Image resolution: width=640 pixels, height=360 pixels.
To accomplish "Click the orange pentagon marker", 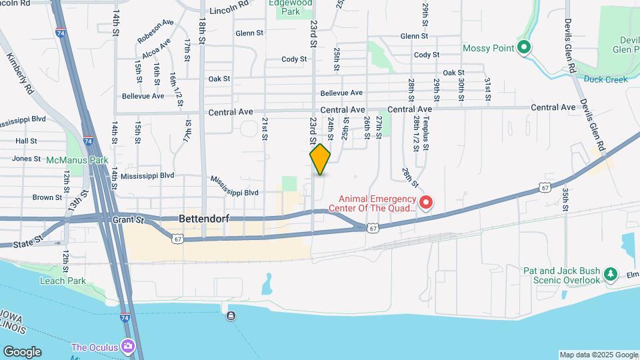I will (320, 159).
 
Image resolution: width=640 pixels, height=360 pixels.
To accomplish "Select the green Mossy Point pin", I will (524, 47).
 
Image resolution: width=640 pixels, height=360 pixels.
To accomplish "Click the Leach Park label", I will (63, 281).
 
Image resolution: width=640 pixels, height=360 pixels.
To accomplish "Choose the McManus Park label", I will (77, 160).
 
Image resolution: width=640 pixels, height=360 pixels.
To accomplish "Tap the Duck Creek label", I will (606, 79).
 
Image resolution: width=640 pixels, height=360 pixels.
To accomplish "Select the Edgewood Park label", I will (289, 7).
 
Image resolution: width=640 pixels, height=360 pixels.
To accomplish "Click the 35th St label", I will (565, 200).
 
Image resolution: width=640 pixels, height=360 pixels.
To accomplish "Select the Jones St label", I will (27, 159).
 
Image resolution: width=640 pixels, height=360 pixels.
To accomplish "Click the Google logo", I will (22, 351).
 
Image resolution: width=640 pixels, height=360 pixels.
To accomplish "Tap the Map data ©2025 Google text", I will (598, 355).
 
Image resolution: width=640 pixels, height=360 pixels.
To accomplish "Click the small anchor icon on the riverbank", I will (231, 315).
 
